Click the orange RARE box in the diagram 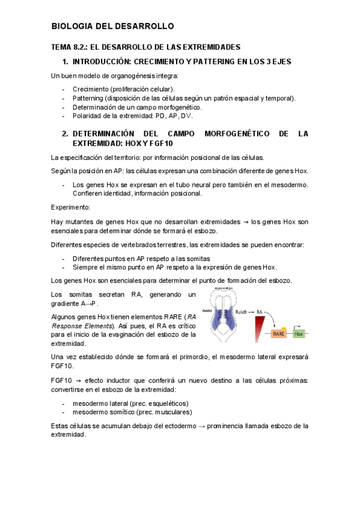[279, 333]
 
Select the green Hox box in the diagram [299, 333]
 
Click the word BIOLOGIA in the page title [73, 26]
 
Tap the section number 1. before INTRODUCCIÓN [65, 62]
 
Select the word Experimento [70, 207]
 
